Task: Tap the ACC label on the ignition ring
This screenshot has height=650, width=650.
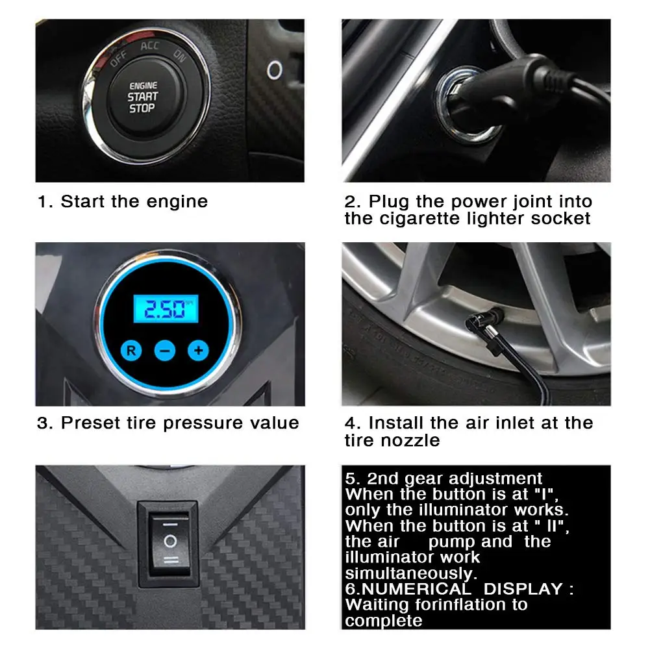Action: point(149,45)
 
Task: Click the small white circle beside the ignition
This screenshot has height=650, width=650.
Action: point(275,70)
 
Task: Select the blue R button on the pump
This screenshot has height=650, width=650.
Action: point(131,351)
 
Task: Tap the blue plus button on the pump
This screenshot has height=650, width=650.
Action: point(198,351)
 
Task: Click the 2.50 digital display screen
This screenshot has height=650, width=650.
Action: point(166,309)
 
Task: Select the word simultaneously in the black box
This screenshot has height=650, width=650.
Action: point(411,574)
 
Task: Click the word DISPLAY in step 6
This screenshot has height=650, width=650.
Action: point(523,589)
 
